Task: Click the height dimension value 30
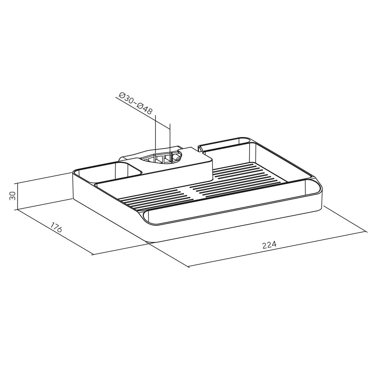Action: click(x=12, y=196)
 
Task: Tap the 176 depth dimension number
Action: click(x=56, y=227)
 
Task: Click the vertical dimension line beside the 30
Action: click(x=18, y=196)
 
